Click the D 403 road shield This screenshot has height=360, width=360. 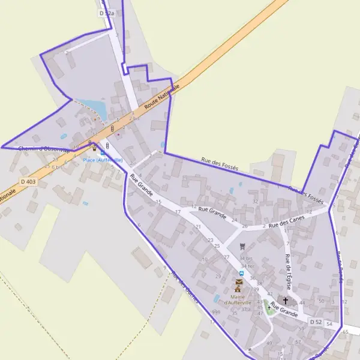(28, 181)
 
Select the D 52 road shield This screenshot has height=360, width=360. (316, 322)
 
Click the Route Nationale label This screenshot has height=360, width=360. (162, 97)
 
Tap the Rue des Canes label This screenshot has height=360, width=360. (287, 222)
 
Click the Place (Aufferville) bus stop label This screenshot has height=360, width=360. (103, 160)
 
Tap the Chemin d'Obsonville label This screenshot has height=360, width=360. (43, 149)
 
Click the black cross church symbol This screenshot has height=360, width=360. (286, 301)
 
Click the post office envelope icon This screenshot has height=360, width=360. (239, 281)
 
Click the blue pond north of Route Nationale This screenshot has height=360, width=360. (93, 108)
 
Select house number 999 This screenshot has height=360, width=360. (216, 313)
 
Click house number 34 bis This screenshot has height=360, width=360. (246, 259)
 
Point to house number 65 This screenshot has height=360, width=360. (346, 331)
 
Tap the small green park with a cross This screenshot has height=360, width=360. (269, 309)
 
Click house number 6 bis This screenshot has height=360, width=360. (57, 167)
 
